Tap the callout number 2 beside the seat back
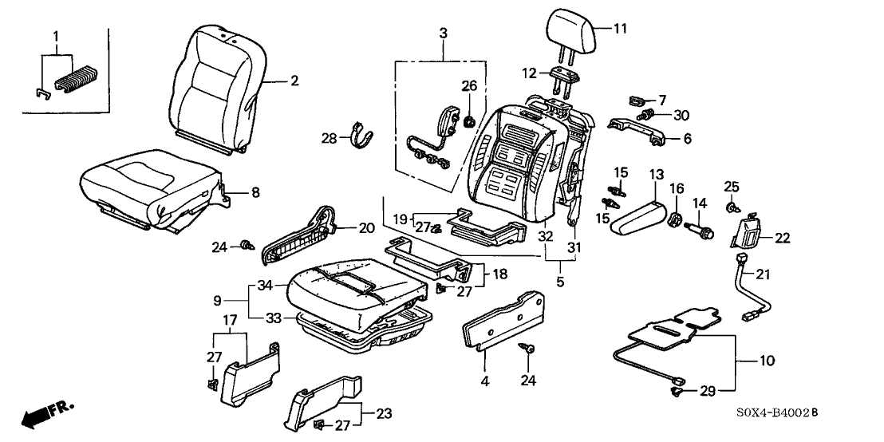[294, 81]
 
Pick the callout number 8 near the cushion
[255, 191]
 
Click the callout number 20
[365, 227]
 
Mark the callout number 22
[783, 236]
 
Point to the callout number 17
[230, 321]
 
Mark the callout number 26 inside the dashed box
[468, 85]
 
